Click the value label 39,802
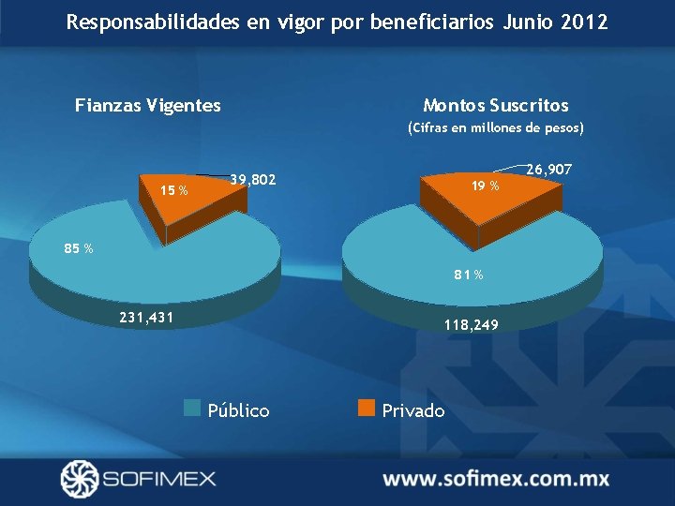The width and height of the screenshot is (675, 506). point(252,179)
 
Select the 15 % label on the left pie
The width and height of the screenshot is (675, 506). point(173,191)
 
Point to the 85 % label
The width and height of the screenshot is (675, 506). point(78,248)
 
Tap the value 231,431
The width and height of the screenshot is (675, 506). point(145,318)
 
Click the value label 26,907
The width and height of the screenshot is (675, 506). point(548,170)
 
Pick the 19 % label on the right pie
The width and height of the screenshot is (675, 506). point(486,186)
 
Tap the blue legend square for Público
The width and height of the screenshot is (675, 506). point(192,408)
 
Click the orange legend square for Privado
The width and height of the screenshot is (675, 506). point(367,408)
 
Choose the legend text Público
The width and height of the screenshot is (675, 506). point(238,410)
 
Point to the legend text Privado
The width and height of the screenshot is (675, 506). point(413,410)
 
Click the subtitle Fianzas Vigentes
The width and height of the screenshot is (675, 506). point(148,105)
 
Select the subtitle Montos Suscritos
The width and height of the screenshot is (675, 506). point(495,105)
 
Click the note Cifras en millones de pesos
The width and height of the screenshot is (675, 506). point(495,127)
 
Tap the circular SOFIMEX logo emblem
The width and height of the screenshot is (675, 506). point(79,479)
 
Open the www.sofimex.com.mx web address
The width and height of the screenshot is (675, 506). point(496,479)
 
